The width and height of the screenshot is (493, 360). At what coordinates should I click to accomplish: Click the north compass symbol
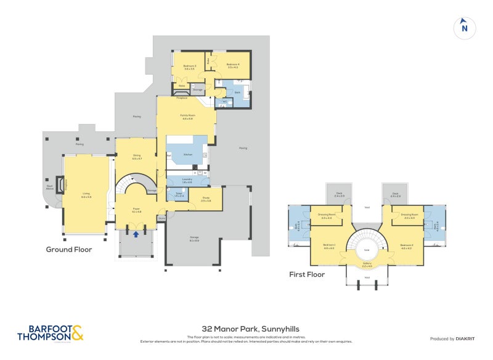click(465, 28)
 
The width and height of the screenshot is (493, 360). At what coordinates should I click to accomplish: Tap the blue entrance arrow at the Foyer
click(136, 234)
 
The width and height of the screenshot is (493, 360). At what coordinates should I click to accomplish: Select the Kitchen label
click(188, 154)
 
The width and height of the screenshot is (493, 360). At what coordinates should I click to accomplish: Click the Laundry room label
click(187, 181)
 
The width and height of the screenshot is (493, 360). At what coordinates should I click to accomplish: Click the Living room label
click(86, 195)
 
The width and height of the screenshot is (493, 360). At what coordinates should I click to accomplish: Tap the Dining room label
click(137, 157)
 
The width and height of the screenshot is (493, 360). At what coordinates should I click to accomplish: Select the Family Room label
click(187, 116)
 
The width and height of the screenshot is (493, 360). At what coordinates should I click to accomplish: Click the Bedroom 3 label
click(189, 67)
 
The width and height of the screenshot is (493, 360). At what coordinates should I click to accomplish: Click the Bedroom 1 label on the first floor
click(328, 247)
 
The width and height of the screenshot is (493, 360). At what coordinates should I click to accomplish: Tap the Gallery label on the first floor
click(367, 264)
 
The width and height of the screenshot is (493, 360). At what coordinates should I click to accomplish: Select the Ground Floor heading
click(69, 250)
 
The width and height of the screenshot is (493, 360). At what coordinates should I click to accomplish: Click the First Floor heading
click(307, 274)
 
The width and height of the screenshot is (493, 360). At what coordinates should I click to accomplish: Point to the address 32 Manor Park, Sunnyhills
click(246, 330)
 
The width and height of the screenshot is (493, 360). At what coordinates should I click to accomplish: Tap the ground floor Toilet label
click(179, 194)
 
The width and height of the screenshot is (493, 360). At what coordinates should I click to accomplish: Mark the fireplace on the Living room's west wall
click(60, 184)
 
